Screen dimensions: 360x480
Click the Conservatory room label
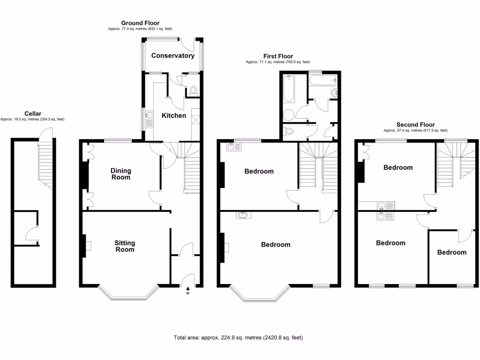click(x=172, y=56)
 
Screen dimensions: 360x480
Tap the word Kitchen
click(x=174, y=115)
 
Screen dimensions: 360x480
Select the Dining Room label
click(x=120, y=174)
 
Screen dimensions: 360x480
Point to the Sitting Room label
click(x=125, y=246)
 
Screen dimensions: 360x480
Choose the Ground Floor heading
click(x=140, y=23)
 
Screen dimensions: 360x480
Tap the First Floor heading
click(x=278, y=56)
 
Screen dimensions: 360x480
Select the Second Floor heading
click(x=415, y=125)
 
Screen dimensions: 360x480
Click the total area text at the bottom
click(x=241, y=337)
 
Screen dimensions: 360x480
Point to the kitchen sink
click(x=149, y=115)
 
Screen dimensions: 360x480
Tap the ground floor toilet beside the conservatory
click(x=193, y=91)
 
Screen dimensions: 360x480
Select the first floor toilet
click(x=289, y=131)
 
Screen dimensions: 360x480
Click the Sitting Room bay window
click(x=127, y=295)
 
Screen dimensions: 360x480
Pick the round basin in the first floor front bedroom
click(x=243, y=215)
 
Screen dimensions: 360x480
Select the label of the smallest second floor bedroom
click(x=452, y=252)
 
